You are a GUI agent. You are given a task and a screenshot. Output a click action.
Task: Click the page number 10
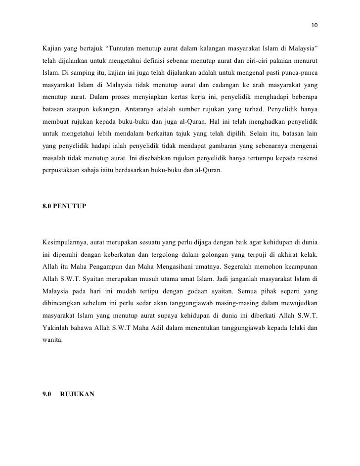click(x=315, y=26)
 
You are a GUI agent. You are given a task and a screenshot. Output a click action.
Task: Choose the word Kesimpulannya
click(x=68, y=243)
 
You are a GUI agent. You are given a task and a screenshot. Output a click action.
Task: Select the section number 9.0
click(x=48, y=396)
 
